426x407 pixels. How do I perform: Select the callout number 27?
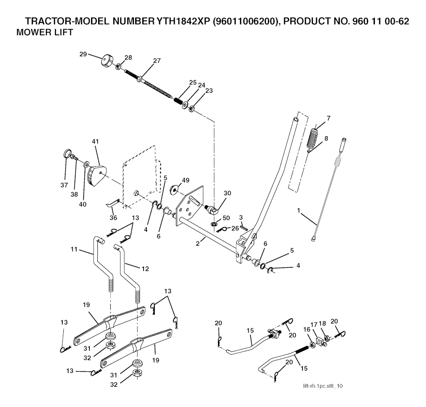point(156,61)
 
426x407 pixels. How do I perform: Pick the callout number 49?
point(185,180)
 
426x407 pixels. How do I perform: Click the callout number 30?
point(227,193)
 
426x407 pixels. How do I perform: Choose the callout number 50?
point(226,218)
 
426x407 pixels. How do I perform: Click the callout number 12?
point(145,269)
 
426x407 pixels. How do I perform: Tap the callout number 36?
point(113,217)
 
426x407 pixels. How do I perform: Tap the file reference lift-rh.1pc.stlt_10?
point(323,386)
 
